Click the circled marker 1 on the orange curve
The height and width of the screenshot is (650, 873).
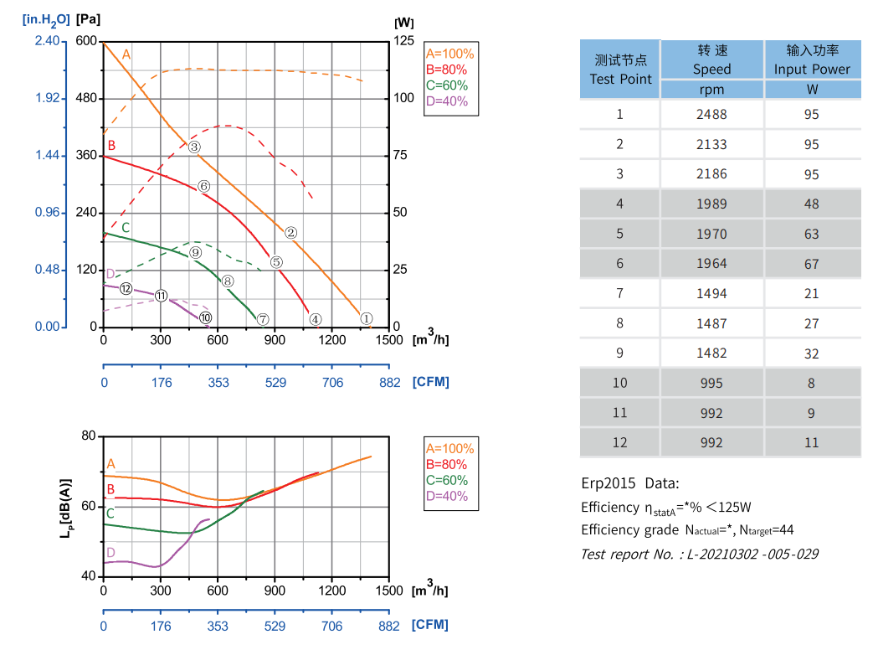(366, 318)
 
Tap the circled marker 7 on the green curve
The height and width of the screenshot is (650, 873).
(263, 319)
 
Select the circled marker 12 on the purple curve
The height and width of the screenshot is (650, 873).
(126, 289)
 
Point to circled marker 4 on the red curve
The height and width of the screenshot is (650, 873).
(315, 319)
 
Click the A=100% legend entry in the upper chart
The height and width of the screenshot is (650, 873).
(449, 54)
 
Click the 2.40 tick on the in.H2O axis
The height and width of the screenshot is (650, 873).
(48, 41)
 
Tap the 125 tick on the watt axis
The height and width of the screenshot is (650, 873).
(404, 41)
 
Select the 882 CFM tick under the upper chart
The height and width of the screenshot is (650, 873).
(389, 382)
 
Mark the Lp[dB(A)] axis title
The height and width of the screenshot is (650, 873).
(66, 506)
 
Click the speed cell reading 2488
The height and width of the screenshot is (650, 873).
(711, 115)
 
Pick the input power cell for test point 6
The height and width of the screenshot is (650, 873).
(811, 264)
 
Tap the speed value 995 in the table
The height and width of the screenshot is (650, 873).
(711, 383)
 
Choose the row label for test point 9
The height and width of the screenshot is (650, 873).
(619, 353)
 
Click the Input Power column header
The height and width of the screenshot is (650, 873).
(812, 59)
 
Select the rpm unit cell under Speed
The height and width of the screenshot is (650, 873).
(711, 90)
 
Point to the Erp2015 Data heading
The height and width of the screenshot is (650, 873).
(630, 483)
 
